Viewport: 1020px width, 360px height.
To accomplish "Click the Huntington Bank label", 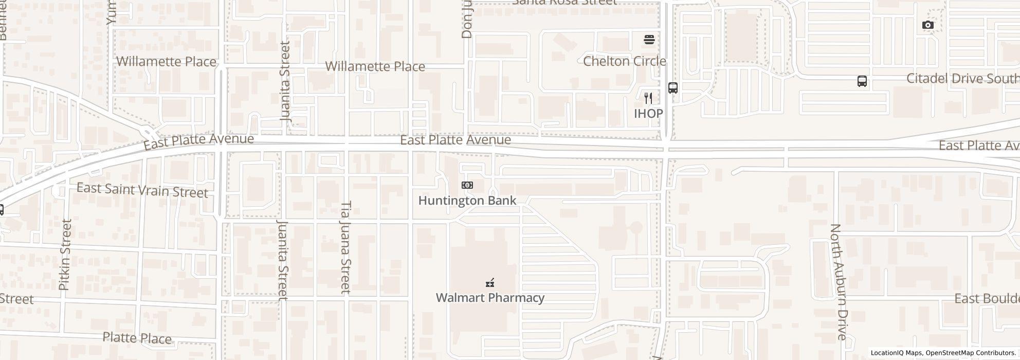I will [x=467, y=201].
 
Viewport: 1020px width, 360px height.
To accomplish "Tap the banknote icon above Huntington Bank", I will [x=467, y=185].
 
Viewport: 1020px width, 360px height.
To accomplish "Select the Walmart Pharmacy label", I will [x=490, y=298].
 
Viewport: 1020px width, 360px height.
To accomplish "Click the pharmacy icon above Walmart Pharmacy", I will [x=490, y=282].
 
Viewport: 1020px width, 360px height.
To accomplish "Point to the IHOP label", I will [x=648, y=113].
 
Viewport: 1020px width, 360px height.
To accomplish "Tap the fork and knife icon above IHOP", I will [x=648, y=98].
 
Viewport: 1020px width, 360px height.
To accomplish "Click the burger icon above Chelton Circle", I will [x=649, y=39].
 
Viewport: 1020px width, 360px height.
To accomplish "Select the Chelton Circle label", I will [x=624, y=61].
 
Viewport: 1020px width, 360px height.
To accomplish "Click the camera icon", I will [x=927, y=25].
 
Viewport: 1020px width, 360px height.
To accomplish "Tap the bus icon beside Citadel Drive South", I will [x=862, y=81].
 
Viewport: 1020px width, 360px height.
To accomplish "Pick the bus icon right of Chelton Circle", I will [x=672, y=87].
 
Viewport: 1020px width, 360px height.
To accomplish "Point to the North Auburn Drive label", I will [x=838, y=282].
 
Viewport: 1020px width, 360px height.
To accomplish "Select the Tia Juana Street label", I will [x=345, y=247].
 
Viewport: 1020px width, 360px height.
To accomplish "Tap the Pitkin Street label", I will [x=65, y=255].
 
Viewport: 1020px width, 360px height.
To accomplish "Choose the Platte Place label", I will [x=137, y=338].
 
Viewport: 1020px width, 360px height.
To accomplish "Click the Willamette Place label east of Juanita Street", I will [x=375, y=66].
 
